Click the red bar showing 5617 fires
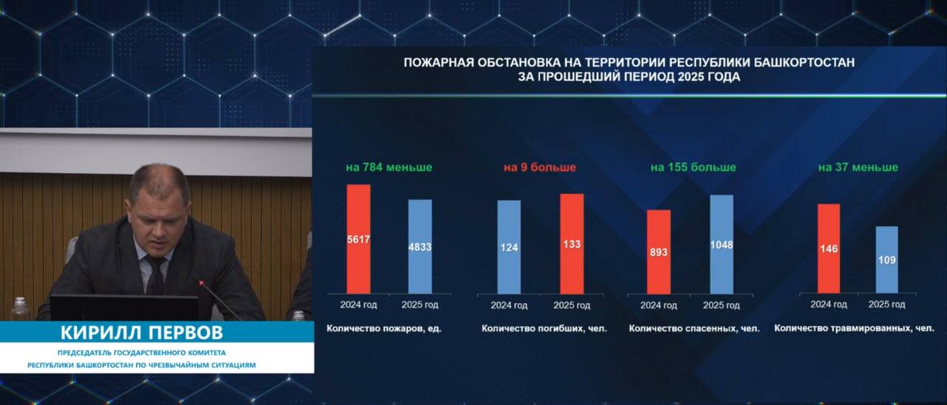359,239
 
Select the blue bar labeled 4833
419,247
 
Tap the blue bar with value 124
509,247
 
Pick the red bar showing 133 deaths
572,244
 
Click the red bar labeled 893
658,252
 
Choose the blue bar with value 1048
721,245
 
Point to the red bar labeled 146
829,249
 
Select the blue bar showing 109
887,259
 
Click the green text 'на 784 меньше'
389,167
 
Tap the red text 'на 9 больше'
539,167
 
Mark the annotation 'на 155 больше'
693,167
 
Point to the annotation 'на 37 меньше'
858,167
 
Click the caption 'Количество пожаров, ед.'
384,329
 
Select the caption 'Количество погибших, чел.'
544,329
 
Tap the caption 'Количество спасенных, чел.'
694,329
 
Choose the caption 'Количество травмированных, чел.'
854,328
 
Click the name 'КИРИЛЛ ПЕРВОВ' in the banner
141,333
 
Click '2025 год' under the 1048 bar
721,305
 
